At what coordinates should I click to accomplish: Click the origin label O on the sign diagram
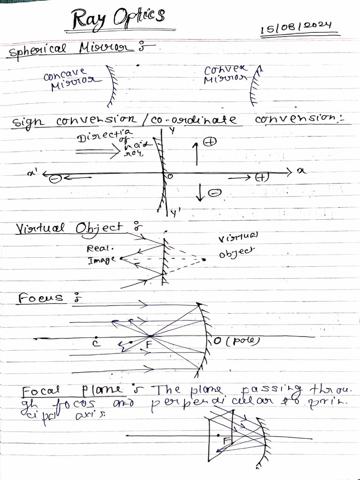point(171,176)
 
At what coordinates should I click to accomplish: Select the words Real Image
point(101,254)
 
